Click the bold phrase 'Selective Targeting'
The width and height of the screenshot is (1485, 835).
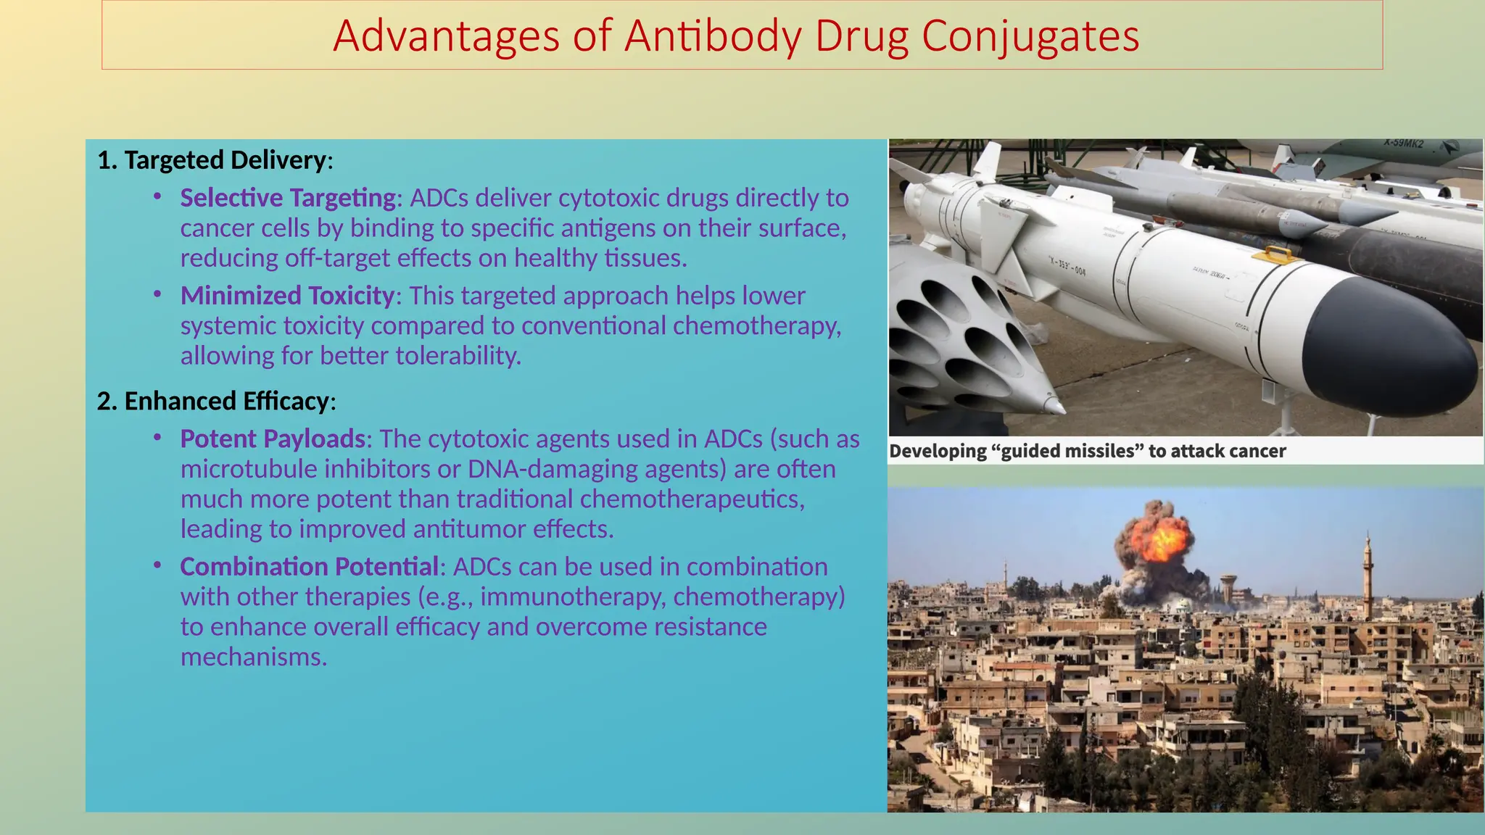[288, 198]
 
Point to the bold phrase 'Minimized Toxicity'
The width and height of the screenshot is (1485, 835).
[287, 296]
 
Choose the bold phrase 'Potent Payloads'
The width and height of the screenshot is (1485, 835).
[273, 439]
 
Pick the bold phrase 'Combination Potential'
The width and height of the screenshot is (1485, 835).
[309, 567]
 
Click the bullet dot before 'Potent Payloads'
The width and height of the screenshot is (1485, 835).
[157, 438]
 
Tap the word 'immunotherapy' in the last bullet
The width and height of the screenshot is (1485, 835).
[572, 597]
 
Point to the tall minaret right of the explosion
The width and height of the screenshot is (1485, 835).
[1368, 576]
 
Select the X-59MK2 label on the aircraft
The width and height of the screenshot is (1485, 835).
[1403, 144]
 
